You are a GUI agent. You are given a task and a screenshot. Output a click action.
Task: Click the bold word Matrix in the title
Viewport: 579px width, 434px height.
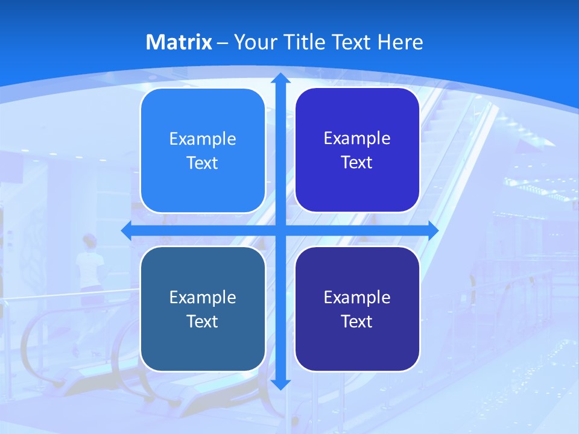179,42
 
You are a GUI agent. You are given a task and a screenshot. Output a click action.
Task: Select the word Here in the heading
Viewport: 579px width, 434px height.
400,42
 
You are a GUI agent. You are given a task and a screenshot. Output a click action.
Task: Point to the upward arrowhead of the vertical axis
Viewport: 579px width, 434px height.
280,79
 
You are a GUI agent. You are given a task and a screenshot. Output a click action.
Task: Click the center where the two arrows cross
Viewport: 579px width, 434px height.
280,230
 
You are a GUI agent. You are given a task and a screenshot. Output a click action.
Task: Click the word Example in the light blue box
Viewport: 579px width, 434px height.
203,139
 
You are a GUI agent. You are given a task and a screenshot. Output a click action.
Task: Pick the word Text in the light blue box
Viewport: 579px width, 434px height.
203,163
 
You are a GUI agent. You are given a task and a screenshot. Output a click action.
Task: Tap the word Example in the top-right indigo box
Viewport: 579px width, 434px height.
357,139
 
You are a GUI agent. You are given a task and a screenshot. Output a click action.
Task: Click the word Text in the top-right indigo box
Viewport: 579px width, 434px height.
357,163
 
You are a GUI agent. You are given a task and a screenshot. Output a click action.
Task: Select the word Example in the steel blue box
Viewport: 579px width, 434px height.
203,297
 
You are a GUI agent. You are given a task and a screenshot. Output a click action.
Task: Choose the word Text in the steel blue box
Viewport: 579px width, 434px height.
203,321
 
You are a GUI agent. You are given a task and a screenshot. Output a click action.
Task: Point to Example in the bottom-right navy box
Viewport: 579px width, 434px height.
357,297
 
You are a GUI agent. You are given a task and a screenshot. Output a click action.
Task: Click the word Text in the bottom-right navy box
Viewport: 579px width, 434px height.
357,321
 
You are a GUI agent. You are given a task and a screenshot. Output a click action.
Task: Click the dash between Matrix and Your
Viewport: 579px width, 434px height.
223,43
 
